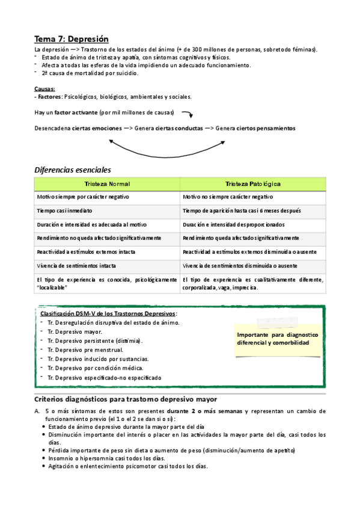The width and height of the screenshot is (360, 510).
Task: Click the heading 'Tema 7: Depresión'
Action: pyautogui.click(x=72, y=38)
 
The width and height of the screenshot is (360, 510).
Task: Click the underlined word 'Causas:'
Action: pyautogui.click(x=44, y=89)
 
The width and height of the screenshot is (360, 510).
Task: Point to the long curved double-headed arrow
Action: pyautogui.click(x=168, y=146)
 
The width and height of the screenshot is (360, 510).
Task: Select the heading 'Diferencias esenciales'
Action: pyautogui.click(x=72, y=170)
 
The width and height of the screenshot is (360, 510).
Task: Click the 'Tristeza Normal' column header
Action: pyautogui.click(x=107, y=183)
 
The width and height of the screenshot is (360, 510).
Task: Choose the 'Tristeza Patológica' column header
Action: pyautogui.click(x=252, y=183)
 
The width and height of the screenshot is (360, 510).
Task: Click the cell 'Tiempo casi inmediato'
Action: pyautogui.click(x=64, y=210)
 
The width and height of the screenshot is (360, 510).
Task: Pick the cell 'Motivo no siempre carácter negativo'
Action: pyautogui.click(x=228, y=197)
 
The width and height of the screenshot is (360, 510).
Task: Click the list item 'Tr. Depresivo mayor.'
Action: pyautogui.click(x=75, y=331)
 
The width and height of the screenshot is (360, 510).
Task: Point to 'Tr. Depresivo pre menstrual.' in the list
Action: pyautogui.click(x=85, y=349)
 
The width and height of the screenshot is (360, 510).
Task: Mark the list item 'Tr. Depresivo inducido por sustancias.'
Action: pyautogui.click(x=98, y=359)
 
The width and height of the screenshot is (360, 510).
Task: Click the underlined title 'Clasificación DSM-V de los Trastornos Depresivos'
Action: pyautogui.click(x=108, y=314)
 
